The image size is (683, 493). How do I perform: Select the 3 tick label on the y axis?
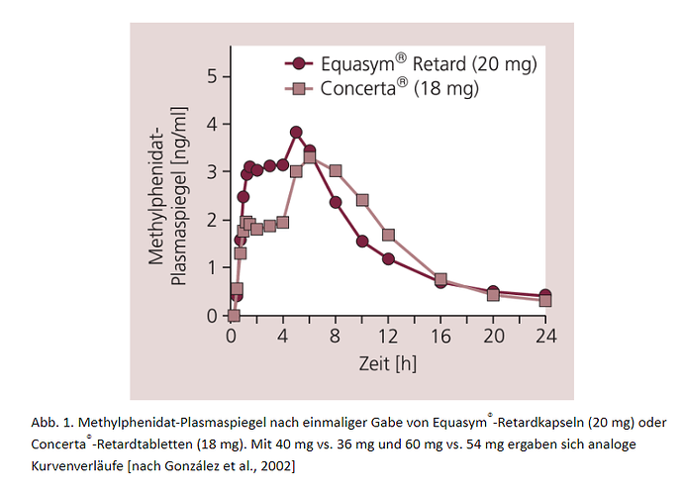(213, 173)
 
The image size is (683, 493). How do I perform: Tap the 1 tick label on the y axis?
(213, 268)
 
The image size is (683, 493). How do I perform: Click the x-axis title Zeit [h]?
(387, 363)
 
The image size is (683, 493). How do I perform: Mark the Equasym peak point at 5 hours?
(296, 132)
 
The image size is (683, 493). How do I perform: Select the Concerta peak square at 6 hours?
(310, 157)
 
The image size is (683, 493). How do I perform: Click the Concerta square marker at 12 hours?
(388, 235)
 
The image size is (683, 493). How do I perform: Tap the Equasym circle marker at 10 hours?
(362, 241)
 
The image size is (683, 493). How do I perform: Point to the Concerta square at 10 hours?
(362, 200)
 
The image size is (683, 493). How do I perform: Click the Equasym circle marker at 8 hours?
(336, 202)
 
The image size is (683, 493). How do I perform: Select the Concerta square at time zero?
(234, 316)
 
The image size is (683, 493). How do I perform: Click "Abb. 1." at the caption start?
(48, 420)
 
